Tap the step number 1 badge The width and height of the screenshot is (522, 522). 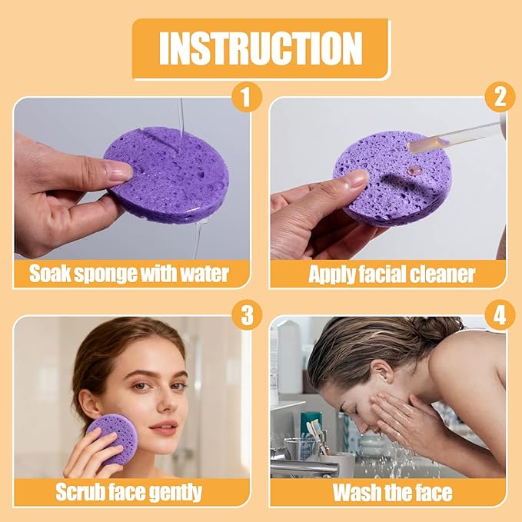pyautogui.click(x=246, y=97)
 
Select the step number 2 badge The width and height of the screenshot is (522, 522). pyautogui.click(x=500, y=97)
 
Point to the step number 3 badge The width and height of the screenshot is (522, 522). pyautogui.click(x=246, y=314)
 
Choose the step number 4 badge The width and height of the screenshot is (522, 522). pyautogui.click(x=500, y=314)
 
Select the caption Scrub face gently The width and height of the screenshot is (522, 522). pyautogui.click(x=128, y=492)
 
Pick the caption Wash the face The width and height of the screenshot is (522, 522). pyautogui.click(x=392, y=492)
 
